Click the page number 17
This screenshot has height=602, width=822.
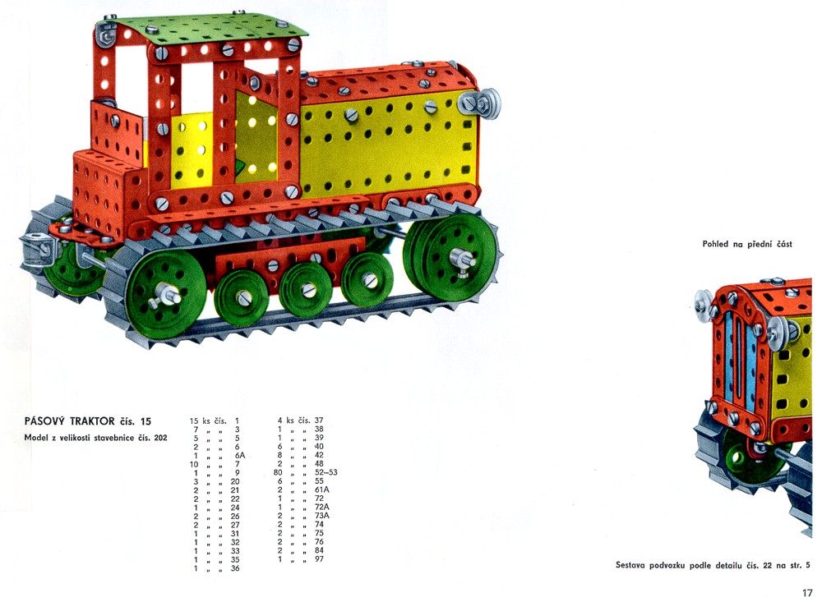[x=807, y=593]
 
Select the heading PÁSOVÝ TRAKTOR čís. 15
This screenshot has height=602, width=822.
[x=88, y=420]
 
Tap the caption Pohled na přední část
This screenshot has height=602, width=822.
[x=747, y=244]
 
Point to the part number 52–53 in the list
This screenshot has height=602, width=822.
[x=326, y=472]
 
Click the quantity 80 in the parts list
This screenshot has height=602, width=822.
[x=278, y=472]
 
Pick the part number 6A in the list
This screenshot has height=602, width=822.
[x=240, y=455]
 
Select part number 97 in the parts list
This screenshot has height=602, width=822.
[x=319, y=559]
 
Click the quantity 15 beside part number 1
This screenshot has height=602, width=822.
[x=194, y=420]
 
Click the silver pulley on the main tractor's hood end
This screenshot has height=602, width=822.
[x=480, y=103]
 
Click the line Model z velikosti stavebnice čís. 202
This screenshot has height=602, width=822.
[x=96, y=438]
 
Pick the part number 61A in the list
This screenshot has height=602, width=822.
[x=322, y=489]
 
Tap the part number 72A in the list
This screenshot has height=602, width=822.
[x=322, y=507]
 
